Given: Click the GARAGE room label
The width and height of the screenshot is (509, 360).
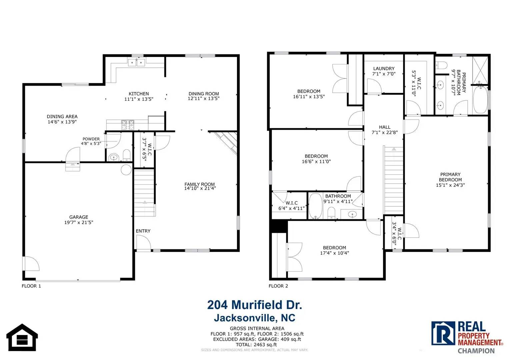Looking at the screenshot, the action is click(x=79, y=217).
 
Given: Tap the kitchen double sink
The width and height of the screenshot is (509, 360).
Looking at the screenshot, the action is click(x=137, y=62).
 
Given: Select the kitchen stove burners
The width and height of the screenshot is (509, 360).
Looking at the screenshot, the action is click(x=128, y=125).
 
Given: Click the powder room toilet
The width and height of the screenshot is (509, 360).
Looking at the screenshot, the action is click(x=127, y=155).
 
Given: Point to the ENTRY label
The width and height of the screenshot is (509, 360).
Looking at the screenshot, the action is click(x=143, y=231).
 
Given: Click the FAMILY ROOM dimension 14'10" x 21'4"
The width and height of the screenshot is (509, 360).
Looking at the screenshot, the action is click(x=200, y=188).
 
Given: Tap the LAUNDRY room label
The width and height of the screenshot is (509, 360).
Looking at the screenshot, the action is click(x=384, y=68).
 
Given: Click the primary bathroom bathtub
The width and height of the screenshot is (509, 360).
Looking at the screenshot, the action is click(x=480, y=100).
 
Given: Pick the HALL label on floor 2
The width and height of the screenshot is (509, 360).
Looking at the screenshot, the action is click(x=384, y=127).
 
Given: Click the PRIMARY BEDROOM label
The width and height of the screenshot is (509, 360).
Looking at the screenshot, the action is click(x=450, y=177).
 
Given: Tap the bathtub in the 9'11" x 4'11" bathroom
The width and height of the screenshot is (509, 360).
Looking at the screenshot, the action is click(x=315, y=206).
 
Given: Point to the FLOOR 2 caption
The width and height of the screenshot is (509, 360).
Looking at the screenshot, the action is click(x=278, y=286).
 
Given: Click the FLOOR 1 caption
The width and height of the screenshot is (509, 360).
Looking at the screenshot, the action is click(x=31, y=286).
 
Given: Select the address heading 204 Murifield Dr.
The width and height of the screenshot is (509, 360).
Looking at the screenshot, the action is click(x=255, y=305).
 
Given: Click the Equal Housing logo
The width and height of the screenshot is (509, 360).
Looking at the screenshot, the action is click(x=22, y=337).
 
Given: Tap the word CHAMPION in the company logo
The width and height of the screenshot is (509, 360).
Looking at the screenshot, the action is click(x=476, y=351).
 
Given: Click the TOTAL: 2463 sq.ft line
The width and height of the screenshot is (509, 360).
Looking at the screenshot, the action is click(x=256, y=345).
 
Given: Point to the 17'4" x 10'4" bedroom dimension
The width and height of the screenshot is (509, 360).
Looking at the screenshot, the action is click(x=334, y=253).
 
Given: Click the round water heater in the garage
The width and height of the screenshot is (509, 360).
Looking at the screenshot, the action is click(x=126, y=170).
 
